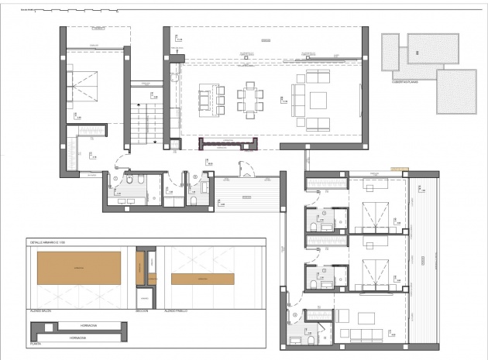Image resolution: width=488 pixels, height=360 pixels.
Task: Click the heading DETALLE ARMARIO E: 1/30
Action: [x=48, y=242]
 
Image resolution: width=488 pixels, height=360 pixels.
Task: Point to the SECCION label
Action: [x=141, y=311]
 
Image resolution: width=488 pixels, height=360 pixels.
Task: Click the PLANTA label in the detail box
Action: [x=36, y=341]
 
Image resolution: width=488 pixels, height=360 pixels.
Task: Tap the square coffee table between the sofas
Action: [x=318, y=100]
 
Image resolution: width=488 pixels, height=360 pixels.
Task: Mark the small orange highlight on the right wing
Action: [x=399, y=168]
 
